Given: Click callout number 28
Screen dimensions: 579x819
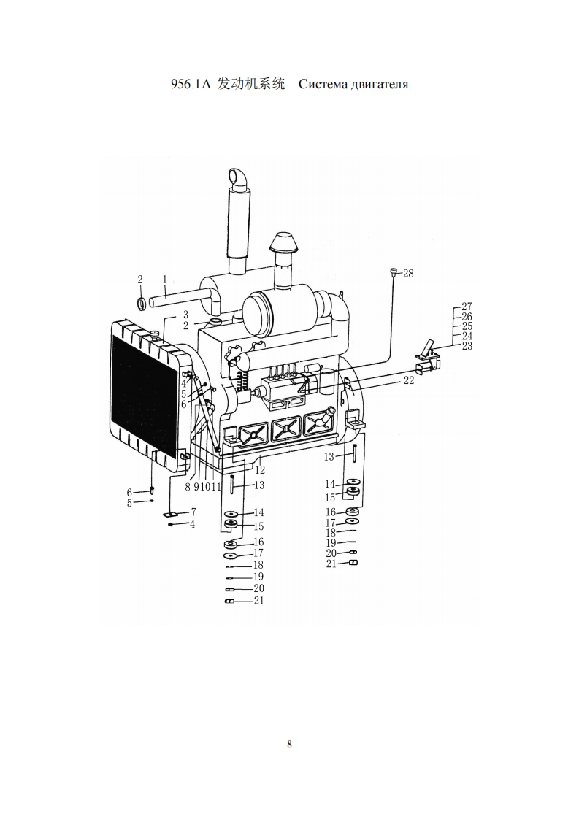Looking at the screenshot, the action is tap(408, 273).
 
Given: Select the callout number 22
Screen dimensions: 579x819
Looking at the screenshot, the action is tap(409, 380).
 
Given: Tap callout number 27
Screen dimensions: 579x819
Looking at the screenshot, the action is tap(467, 307).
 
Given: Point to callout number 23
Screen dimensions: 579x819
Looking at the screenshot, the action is tap(467, 346).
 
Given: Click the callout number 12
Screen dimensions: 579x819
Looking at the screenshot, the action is tap(260, 470).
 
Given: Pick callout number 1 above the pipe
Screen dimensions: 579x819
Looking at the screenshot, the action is tap(164, 280).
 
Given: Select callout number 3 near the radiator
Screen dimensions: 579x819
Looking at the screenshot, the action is tap(185, 315).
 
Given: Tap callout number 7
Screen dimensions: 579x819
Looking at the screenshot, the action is tap(193, 512).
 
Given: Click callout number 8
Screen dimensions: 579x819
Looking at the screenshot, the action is tap(188, 487).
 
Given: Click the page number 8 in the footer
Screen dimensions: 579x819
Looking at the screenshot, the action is tap(289, 744).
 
